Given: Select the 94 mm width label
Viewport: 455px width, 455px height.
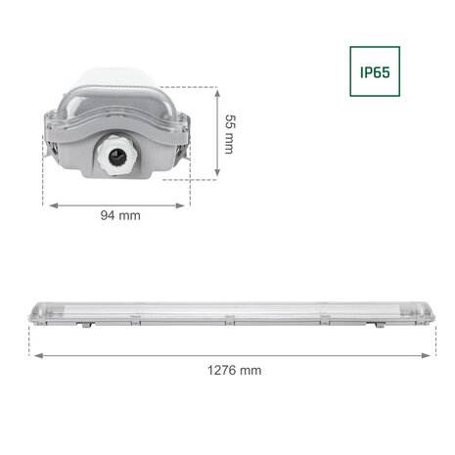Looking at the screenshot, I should tap(121, 215).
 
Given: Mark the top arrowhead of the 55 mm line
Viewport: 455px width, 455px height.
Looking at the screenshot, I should tap(216, 89).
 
